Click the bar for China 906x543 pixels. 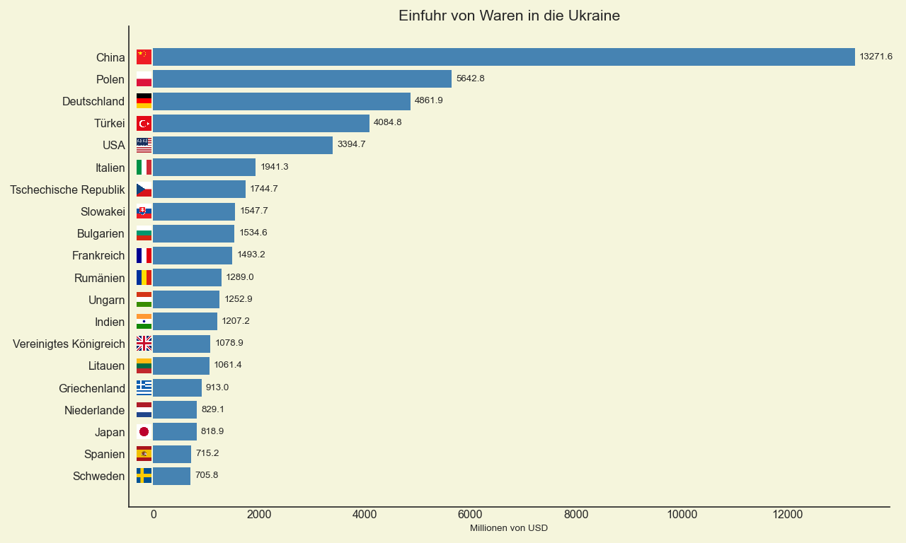click(x=503, y=57)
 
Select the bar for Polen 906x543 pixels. click(x=302, y=79)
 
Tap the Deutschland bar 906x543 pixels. click(x=282, y=101)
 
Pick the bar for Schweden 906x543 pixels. click(x=172, y=476)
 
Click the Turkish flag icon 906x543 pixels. click(x=144, y=124)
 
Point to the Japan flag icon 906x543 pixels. click(x=144, y=432)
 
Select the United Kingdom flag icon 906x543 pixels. click(x=144, y=344)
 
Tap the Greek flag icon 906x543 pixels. click(x=144, y=387)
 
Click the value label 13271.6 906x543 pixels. click(x=876, y=57)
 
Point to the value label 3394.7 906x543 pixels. click(x=351, y=144)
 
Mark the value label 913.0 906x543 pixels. click(x=217, y=387)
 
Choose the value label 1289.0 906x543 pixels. click(x=240, y=277)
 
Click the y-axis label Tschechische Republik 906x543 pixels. click(x=67, y=189)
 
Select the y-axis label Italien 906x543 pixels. click(x=110, y=168)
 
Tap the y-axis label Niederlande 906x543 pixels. click(x=94, y=410)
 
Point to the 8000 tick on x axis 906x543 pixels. click(x=576, y=515)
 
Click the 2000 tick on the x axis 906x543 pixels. click(x=259, y=515)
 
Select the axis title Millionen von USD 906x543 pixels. click(x=508, y=528)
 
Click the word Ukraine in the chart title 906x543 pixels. click(x=594, y=16)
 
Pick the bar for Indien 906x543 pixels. click(x=185, y=322)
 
